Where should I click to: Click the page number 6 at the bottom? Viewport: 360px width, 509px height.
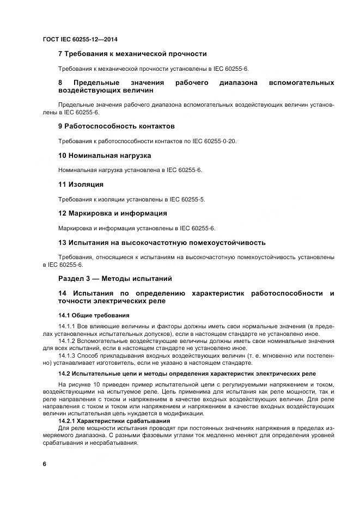coord(44,464)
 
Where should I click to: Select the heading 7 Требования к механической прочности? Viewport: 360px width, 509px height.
coord(132,54)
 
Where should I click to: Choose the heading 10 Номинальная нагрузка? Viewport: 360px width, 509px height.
coord(105,155)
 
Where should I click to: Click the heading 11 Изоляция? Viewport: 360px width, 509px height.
coord(81,185)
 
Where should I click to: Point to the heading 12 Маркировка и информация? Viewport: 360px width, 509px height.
coord(112,213)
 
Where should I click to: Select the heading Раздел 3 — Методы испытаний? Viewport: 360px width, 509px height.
coord(115,279)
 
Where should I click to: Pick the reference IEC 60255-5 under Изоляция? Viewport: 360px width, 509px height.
coord(186,199)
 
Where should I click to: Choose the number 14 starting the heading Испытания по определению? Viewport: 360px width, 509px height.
coord(63,293)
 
